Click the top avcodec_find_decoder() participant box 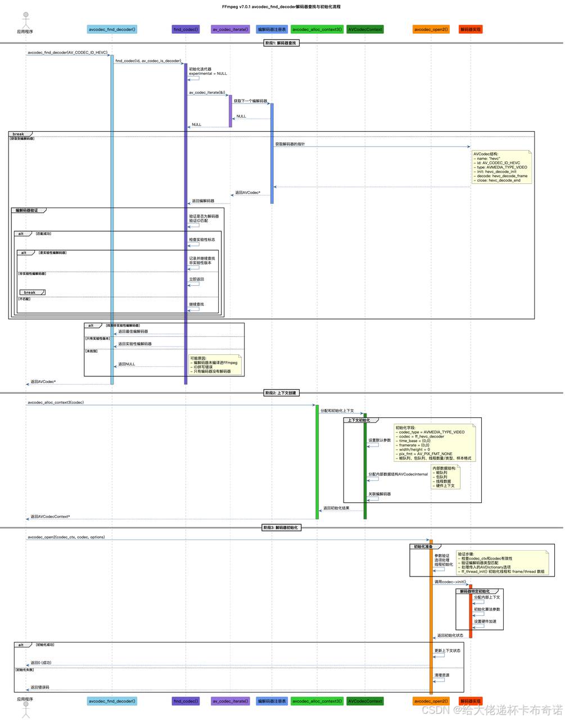click(112, 29)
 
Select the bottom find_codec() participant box click(186, 701)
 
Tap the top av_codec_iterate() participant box click(230, 29)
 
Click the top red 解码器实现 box click(471, 29)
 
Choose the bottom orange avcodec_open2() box click(431, 701)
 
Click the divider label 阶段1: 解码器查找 click(281, 43)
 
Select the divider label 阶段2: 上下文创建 click(281, 393)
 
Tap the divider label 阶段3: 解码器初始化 click(281, 528)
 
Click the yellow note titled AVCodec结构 click(502, 167)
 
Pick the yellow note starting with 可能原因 click(215, 364)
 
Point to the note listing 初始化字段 click(435, 443)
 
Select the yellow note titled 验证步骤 click(502, 562)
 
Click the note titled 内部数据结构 click(446, 477)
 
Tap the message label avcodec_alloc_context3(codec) click(56, 402)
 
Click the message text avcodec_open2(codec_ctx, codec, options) click(66, 537)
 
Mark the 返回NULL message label click(126, 364)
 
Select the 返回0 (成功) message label click(41, 663)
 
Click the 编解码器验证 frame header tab click(27, 210)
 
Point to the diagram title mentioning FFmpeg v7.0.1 click(281, 7)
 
